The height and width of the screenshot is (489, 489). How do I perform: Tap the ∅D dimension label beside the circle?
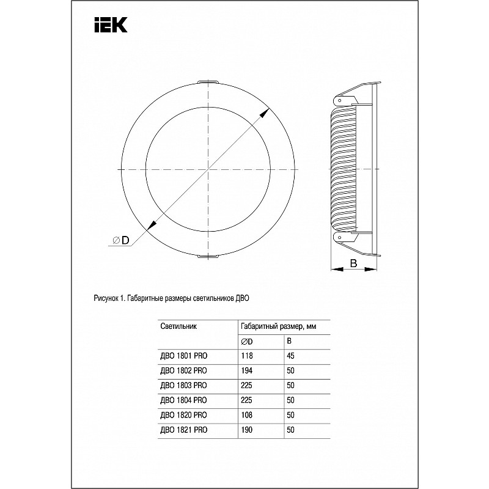click(x=120, y=240)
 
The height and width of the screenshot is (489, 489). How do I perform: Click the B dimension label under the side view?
click(x=353, y=263)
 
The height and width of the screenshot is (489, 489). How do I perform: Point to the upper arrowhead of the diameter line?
click(x=267, y=112)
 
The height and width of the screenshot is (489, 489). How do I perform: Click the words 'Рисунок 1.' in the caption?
click(x=108, y=299)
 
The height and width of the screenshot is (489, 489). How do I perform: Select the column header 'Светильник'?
click(x=178, y=326)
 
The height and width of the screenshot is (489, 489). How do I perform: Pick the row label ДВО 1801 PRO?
click(x=183, y=355)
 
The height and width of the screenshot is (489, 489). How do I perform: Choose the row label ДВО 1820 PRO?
click(x=183, y=416)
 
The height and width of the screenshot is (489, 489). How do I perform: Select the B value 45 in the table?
click(x=292, y=355)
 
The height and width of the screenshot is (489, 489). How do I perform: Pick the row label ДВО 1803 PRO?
click(x=183, y=385)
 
